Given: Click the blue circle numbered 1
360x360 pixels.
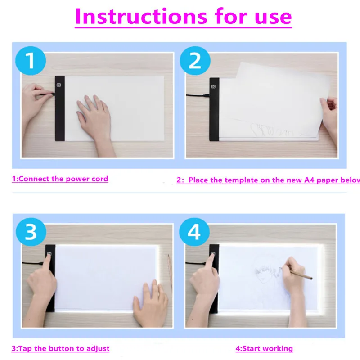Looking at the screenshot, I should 31,60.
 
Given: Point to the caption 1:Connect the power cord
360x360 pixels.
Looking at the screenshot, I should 60,179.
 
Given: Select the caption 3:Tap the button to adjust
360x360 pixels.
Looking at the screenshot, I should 60,348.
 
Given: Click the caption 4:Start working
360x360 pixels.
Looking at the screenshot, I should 264,348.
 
